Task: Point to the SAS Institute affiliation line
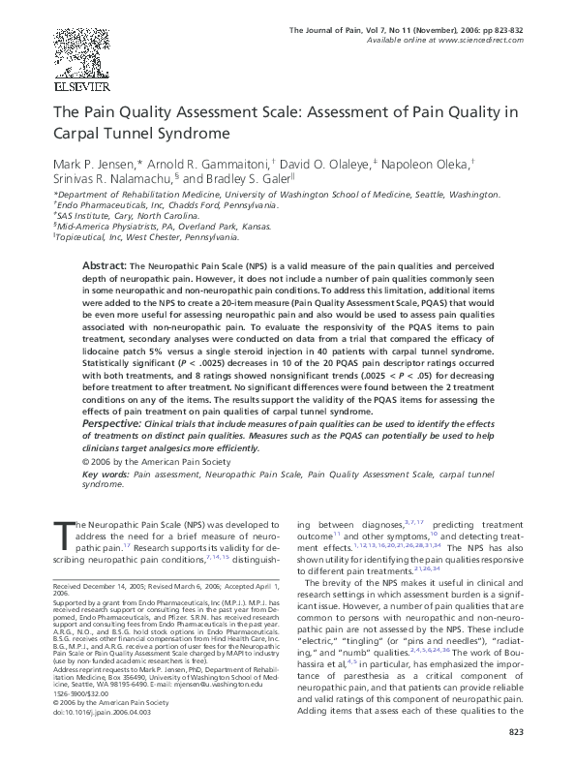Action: (x=126, y=216)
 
